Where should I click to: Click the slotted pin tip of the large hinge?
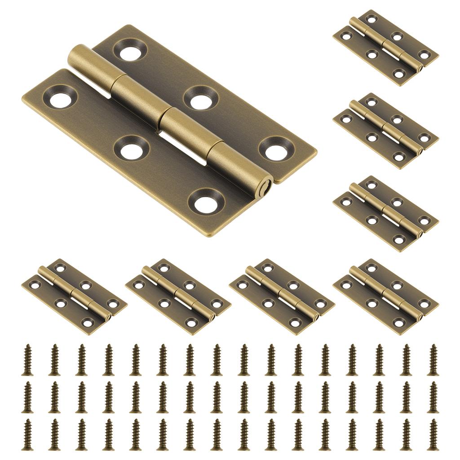pyautogui.click(x=266, y=185)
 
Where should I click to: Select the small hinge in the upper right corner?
pyautogui.click(x=385, y=47)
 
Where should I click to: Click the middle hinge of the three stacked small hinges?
pyautogui.click(x=385, y=131)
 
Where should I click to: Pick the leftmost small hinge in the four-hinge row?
pyautogui.click(x=74, y=296)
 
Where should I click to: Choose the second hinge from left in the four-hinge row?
pyautogui.click(x=178, y=296)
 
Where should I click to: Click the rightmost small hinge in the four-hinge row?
pyautogui.click(x=385, y=296)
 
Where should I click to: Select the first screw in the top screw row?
pyautogui.click(x=27, y=360)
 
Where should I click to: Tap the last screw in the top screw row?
pyautogui.click(x=433, y=360)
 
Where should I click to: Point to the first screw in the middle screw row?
pyautogui.click(x=27, y=397)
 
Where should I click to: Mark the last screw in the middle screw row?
pyautogui.click(x=433, y=397)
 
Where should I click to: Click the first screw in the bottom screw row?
pyautogui.click(x=27, y=434)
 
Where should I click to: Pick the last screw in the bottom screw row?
pyautogui.click(x=433, y=434)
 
